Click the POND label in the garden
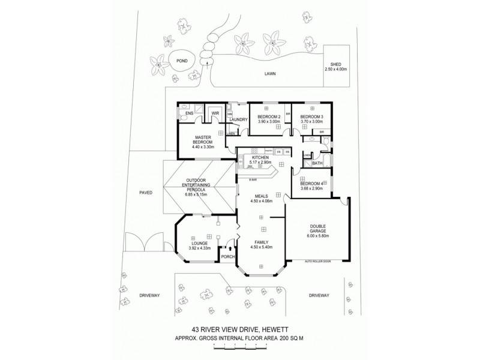click(x=182, y=60)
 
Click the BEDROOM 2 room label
click(x=269, y=116)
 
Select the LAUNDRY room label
click(x=238, y=119)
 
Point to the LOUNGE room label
click(x=199, y=243)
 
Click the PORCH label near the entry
click(x=228, y=257)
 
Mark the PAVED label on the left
click(x=146, y=193)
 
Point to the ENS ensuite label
click(x=189, y=113)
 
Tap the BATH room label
click(x=317, y=163)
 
